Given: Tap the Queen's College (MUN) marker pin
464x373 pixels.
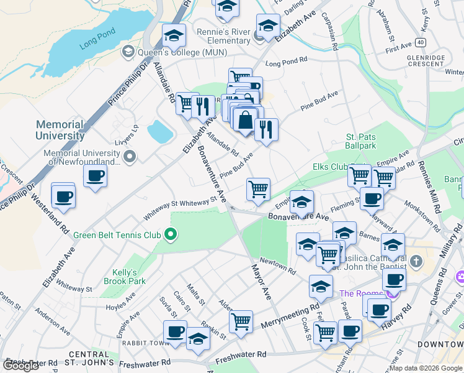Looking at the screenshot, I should [128, 51].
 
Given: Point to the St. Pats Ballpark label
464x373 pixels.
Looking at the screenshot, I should [361, 141].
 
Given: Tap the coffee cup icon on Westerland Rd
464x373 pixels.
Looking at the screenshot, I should [63, 197].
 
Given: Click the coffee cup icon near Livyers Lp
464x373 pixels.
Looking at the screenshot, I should [95, 177].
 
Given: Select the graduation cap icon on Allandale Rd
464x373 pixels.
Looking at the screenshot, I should [174, 36].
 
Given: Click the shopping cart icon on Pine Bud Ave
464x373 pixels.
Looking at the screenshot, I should [258, 188].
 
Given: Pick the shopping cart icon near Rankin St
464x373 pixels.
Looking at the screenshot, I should [241, 321].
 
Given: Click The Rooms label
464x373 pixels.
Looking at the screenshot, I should [360, 293].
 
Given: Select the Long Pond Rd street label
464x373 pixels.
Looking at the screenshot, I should [287, 63].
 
